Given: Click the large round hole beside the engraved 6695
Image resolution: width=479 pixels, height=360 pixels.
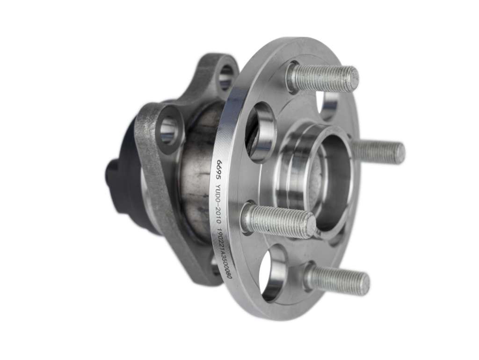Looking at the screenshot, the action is [x=259, y=132].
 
